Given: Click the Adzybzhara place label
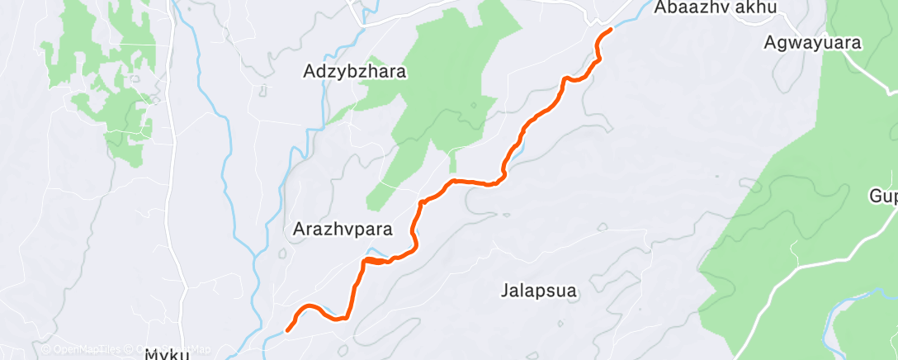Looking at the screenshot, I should pos(355,72).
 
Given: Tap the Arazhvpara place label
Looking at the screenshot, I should pos(342,230).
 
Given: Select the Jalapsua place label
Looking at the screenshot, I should pos(538,290).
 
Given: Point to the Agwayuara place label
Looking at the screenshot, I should pos(812,42).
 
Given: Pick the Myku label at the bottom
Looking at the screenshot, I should pos(168,354).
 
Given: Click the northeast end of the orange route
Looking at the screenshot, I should pos(611,30).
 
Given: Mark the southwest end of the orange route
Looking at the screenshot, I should pos(287,330).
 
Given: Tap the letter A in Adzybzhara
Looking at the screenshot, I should pos(310,72).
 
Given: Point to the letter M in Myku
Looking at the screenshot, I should pos(153,354).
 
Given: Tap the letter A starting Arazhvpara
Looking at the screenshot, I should pos(299,230).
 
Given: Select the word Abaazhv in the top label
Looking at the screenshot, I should pos(691,8).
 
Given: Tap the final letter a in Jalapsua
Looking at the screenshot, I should pos(570,290).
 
